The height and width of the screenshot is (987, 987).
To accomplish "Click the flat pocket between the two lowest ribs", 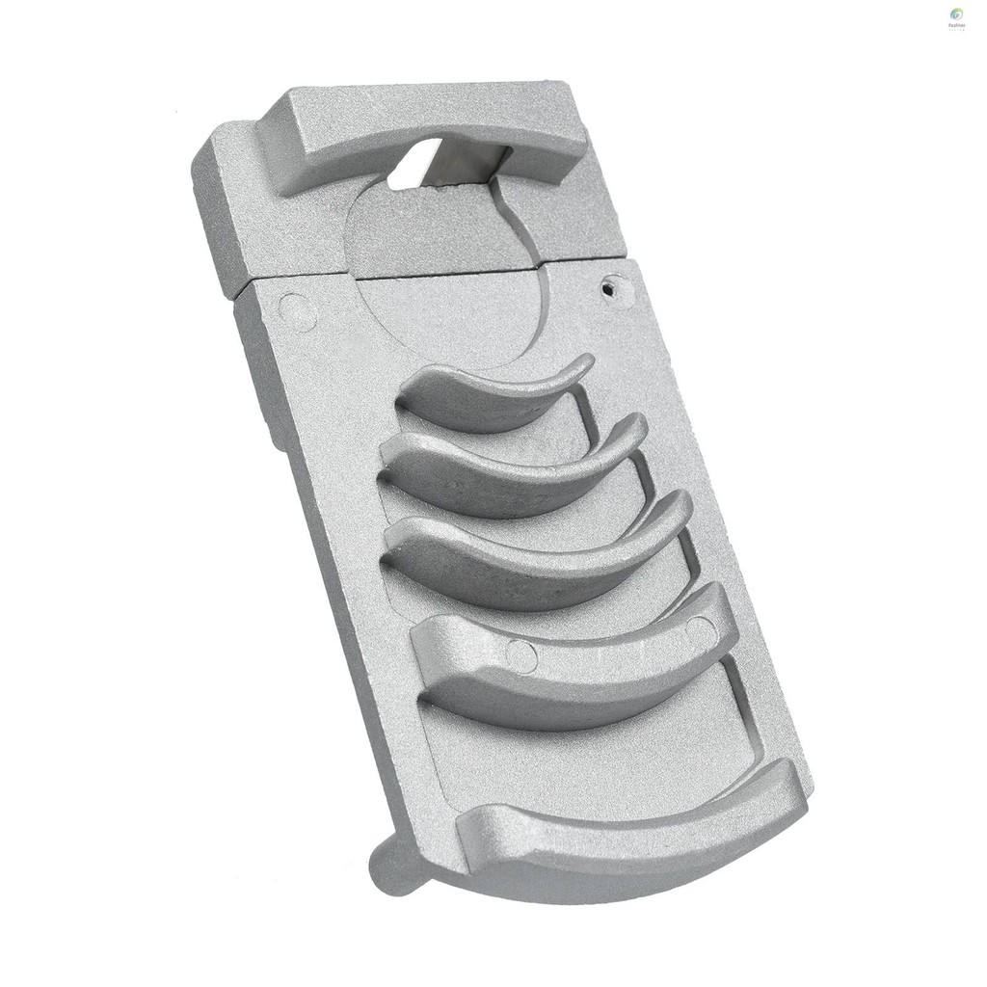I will (617, 733).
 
